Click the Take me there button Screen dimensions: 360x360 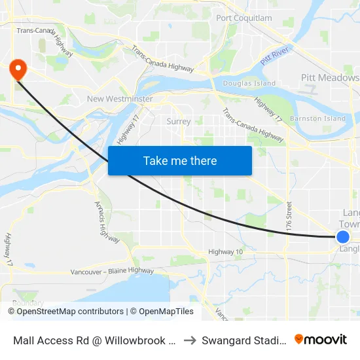click(x=180, y=160)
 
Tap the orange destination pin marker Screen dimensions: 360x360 click(x=18, y=69)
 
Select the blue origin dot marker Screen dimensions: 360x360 click(x=343, y=237)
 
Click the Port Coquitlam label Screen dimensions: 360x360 click(x=243, y=18)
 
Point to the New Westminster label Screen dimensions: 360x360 click(x=120, y=99)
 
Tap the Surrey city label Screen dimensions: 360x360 click(x=179, y=121)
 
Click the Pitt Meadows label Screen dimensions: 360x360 click(x=330, y=78)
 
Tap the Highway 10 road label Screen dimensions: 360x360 click(x=225, y=252)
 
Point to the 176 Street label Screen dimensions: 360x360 click(x=289, y=215)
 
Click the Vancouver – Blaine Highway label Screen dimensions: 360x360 click(x=113, y=271)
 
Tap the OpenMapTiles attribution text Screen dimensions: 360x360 click(x=162, y=312)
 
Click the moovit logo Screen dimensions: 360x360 click(x=321, y=339)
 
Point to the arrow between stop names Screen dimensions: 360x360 click(x=189, y=340)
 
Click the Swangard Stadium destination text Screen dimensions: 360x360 click(x=243, y=340)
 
